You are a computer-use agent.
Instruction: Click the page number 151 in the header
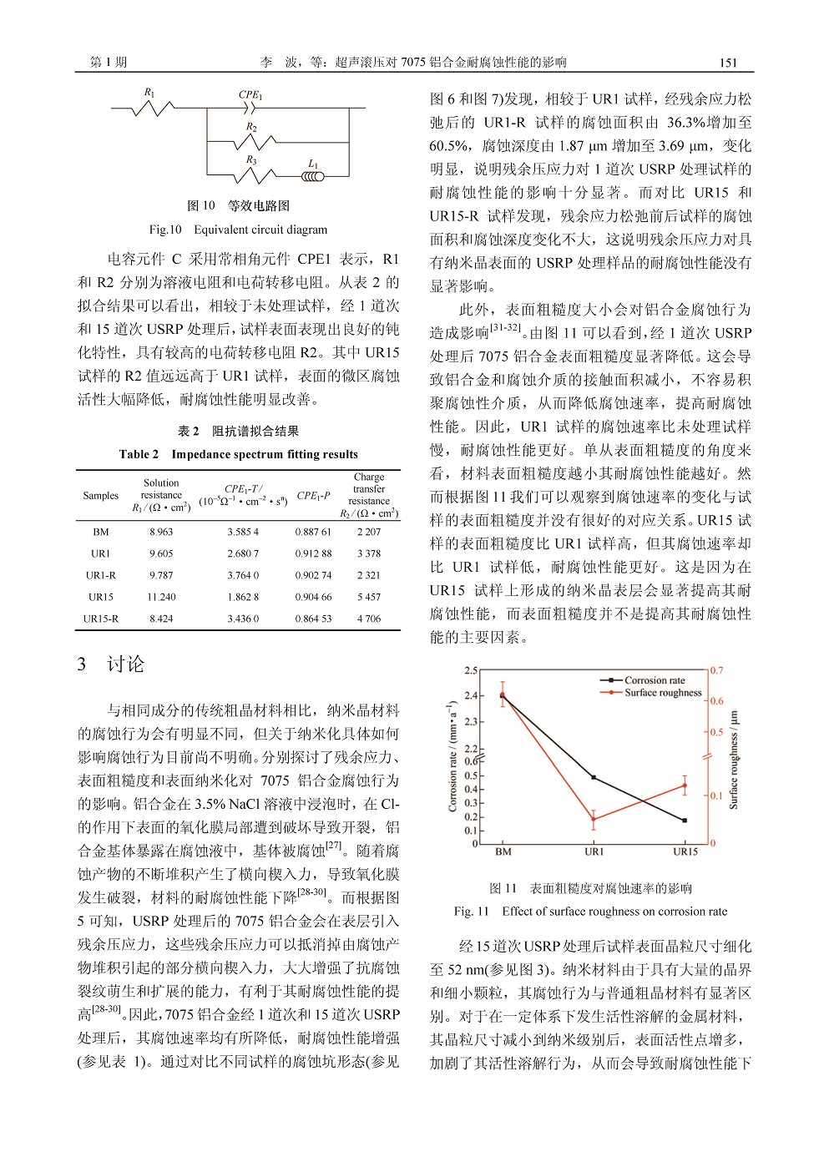tap(728, 63)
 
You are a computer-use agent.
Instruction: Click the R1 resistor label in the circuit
tap(149, 93)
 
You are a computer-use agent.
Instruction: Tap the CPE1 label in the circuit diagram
tap(250, 95)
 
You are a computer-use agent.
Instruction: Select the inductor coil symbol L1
tap(313, 175)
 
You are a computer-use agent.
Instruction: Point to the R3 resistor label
tap(251, 159)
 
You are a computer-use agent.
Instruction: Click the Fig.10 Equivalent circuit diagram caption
tap(238, 230)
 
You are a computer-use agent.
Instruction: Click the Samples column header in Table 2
tap(101, 495)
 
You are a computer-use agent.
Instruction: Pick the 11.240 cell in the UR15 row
tap(161, 597)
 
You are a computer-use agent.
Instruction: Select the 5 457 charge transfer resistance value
tap(368, 597)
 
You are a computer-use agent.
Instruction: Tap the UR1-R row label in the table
tap(101, 575)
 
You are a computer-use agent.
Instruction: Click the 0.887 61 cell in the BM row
tap(313, 532)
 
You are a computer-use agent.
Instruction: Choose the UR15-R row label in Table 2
tap(101, 619)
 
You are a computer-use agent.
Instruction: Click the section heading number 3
tap(82, 664)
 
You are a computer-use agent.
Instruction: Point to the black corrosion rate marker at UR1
tap(594, 777)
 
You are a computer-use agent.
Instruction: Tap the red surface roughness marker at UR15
tap(685, 786)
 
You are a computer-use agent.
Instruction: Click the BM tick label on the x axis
tap(503, 851)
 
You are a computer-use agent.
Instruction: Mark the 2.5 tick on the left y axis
tap(471, 670)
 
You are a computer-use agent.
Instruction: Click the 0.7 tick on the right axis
tap(717, 670)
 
